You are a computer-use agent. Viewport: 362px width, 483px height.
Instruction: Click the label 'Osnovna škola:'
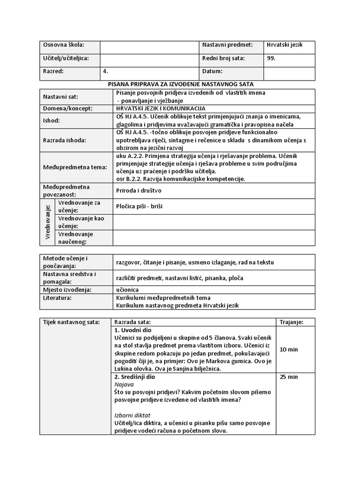point(64,45)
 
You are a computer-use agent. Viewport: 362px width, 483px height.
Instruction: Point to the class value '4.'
point(106,72)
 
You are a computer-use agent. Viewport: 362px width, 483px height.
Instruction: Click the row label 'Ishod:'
point(51,120)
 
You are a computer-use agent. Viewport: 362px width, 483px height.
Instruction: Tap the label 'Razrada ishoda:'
point(65,140)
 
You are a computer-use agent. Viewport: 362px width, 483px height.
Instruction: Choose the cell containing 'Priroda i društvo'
point(139,191)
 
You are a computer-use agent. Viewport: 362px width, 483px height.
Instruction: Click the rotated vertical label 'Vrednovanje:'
point(48,222)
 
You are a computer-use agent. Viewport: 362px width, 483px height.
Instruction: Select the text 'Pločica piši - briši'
point(139,206)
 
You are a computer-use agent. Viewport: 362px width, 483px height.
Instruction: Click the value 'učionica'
point(127,290)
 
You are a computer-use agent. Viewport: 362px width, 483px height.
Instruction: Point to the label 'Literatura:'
point(58,298)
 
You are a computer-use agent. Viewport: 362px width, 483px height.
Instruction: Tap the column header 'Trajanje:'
point(291,322)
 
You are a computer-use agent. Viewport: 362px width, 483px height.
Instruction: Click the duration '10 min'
point(288,350)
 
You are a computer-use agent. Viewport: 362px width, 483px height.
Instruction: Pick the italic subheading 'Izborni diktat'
point(132,416)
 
